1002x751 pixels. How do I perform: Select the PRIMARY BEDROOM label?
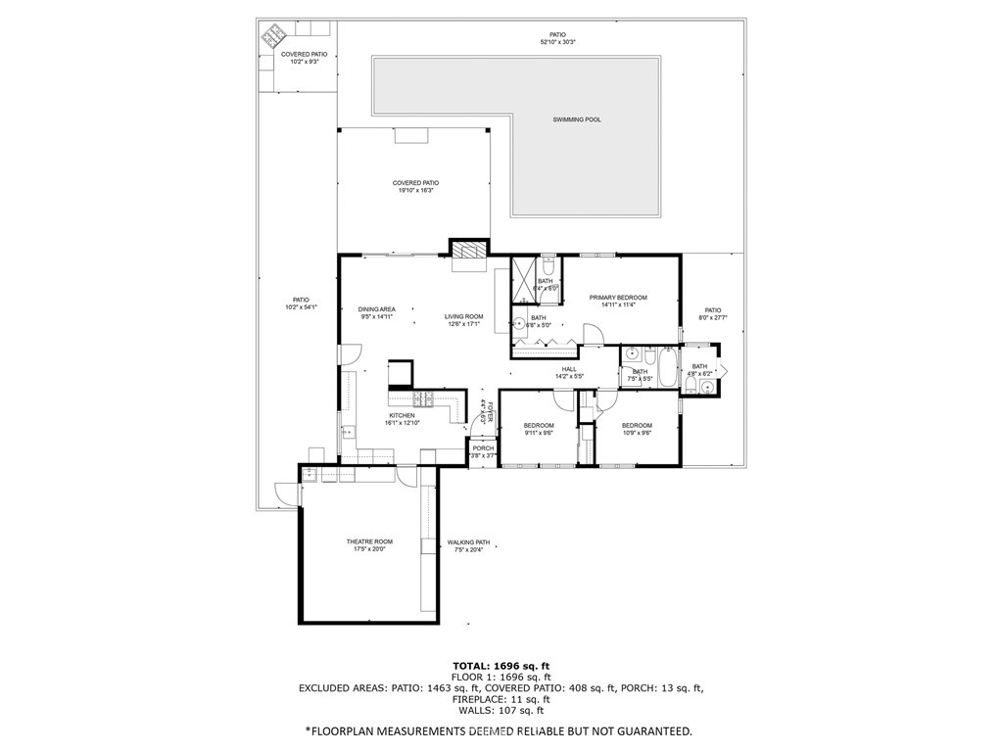pyautogui.click(x=618, y=298)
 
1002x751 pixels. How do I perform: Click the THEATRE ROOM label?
pyautogui.click(x=369, y=541)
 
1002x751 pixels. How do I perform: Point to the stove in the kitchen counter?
pyautogui.click(x=424, y=399)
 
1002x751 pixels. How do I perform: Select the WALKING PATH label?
pyautogui.click(x=468, y=541)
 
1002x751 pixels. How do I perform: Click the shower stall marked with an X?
pyautogui.click(x=524, y=271)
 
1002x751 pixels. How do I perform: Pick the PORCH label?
pyautogui.click(x=483, y=448)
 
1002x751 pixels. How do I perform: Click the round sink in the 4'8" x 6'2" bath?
pyautogui.click(x=707, y=387)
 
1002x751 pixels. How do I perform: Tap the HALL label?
pyautogui.click(x=569, y=369)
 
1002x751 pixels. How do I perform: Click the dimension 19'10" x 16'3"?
pyautogui.click(x=415, y=191)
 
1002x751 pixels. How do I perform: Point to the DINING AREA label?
pyautogui.click(x=376, y=308)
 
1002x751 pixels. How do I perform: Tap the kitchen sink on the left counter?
pyautogui.click(x=348, y=430)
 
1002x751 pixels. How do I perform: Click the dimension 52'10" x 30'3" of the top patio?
pyautogui.click(x=557, y=42)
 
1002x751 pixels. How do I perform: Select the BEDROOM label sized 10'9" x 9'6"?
pyautogui.click(x=637, y=425)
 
